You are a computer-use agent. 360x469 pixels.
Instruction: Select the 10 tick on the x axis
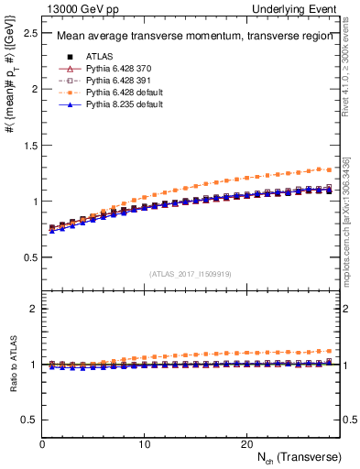(x=145, y=443)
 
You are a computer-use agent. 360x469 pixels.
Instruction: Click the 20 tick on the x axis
(x=246, y=443)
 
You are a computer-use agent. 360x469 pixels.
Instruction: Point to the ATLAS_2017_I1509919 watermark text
(x=191, y=273)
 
